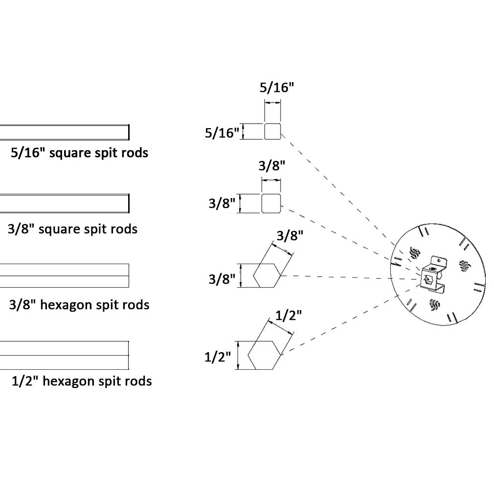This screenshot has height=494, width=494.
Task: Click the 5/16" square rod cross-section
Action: pos(272,132)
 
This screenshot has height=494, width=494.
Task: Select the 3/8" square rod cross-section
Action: pos(271,203)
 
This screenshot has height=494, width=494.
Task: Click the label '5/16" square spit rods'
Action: pos(79,153)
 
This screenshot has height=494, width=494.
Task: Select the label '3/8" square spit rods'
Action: pos(73,229)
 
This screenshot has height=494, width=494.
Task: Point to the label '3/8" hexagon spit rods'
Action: pos(79,305)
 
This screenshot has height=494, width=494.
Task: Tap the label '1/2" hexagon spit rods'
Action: pos(82,381)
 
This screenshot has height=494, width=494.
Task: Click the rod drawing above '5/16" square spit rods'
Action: pos(64,133)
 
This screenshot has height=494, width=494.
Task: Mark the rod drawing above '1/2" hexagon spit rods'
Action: pos(64,355)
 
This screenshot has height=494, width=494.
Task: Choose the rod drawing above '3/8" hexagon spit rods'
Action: pos(64,275)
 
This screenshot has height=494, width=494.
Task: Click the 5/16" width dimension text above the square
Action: pos(276,88)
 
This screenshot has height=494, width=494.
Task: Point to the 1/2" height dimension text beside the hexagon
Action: pos(217,357)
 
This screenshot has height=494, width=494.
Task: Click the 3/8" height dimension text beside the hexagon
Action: pos(222,279)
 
